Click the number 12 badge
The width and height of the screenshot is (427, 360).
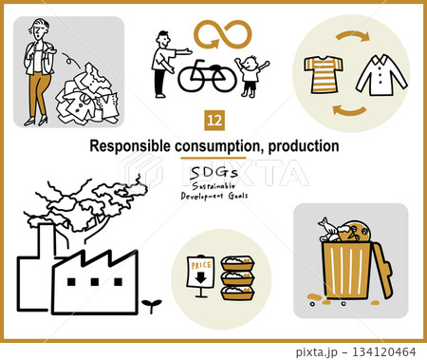(214, 121)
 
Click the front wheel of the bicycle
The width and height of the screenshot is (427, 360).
(224, 80)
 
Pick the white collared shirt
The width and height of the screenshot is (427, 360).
(381, 75)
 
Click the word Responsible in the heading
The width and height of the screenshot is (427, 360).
(130, 146)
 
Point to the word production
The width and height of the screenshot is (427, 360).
(304, 146)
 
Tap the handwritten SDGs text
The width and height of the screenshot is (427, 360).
(213, 173)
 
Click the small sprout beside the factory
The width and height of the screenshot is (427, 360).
(152, 305)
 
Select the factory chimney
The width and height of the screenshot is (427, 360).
(46, 240)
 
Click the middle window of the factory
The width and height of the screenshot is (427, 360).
(95, 282)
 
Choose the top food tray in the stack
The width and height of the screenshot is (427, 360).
(237, 263)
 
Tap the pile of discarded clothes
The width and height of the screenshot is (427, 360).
(88, 94)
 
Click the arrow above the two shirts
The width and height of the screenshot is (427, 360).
(352, 36)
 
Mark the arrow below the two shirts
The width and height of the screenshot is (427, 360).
(350, 110)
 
